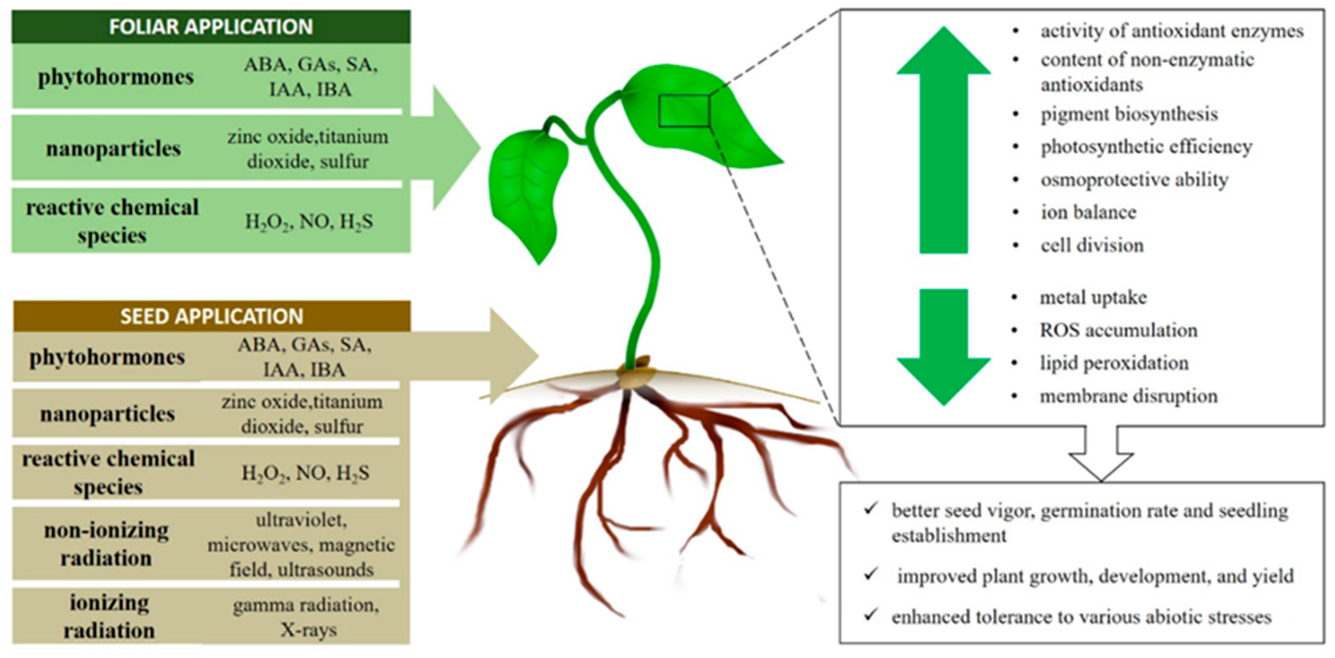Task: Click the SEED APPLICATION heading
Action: (212, 316)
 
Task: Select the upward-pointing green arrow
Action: (943, 140)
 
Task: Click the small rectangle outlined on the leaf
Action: (684, 111)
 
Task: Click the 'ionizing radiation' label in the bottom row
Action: (109, 616)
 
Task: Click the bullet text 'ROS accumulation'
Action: (1118, 330)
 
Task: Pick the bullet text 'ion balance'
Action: (1088, 212)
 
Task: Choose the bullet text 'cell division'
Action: (1092, 245)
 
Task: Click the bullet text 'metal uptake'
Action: (1093, 297)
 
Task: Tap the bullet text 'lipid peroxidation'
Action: (1114, 363)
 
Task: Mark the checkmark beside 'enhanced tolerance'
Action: (871, 615)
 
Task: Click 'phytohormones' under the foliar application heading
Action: (116, 77)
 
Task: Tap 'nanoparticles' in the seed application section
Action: (107, 414)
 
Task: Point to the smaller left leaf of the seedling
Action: (529, 192)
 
